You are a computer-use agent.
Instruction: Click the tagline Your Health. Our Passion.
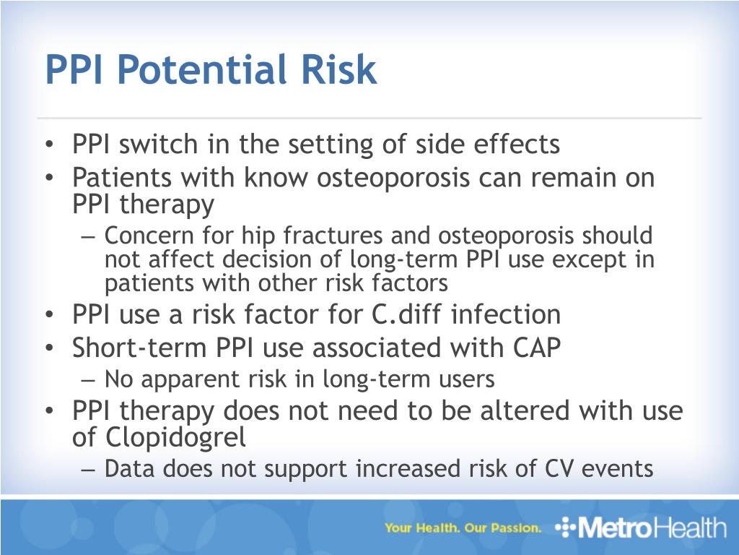pos(463,528)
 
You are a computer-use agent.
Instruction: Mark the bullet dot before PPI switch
pos(48,145)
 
